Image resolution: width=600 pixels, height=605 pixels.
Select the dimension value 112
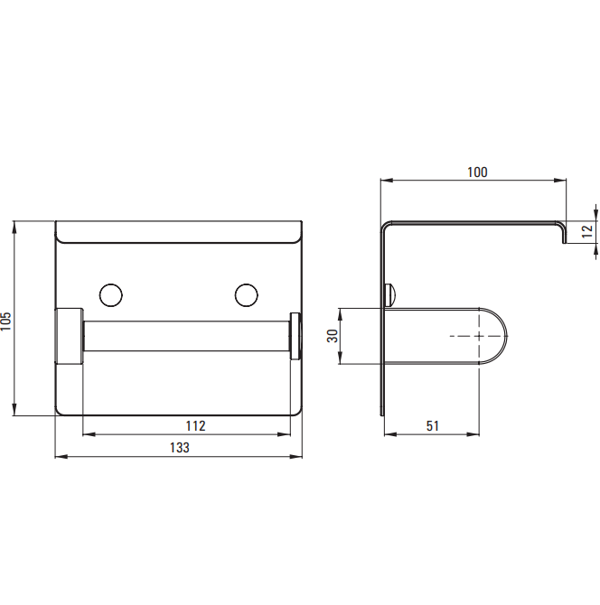pyautogui.click(x=195, y=426)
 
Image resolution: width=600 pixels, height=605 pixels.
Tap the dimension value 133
pyautogui.click(x=180, y=448)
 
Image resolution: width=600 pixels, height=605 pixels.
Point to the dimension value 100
pyautogui.click(x=477, y=172)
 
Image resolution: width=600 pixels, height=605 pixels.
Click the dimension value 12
pyautogui.click(x=586, y=231)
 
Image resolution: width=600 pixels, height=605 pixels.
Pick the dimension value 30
pyautogui.click(x=333, y=336)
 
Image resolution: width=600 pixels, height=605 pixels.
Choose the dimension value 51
pyautogui.click(x=433, y=426)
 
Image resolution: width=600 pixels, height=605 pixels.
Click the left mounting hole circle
pyautogui.click(x=111, y=295)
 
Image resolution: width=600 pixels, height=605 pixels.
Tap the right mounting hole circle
pyautogui.click(x=247, y=295)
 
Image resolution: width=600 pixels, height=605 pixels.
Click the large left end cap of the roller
pyautogui.click(x=70, y=336)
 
